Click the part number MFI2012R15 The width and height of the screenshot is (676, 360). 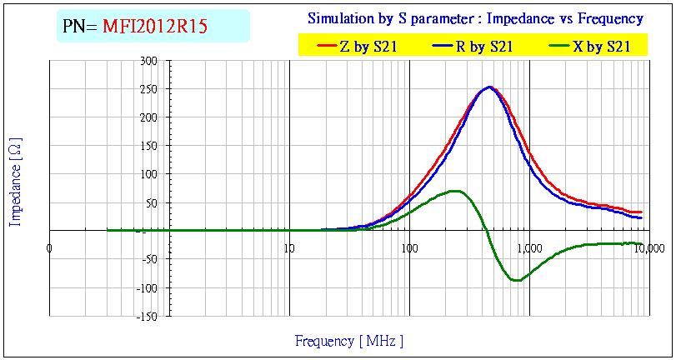coord(155,27)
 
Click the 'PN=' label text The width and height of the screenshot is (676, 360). coord(80,27)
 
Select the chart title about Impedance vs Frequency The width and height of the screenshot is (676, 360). coord(475,17)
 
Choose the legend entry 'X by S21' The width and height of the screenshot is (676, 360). coord(599,47)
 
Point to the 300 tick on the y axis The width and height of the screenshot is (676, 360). coord(149,61)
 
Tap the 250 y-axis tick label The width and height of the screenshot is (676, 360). coord(149,89)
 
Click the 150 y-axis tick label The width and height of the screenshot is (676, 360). coord(149,146)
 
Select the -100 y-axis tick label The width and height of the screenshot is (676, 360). coord(148,288)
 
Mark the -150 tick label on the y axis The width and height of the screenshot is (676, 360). coord(148,317)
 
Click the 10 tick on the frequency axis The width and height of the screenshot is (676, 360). coord(289,247)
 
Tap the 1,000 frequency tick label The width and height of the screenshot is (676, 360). coord(529,247)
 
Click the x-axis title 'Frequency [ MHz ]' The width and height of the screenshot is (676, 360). coord(349,341)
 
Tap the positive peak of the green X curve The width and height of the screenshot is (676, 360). coord(455,191)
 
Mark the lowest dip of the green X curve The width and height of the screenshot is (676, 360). coord(517,280)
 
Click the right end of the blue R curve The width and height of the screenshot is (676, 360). coord(641,217)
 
